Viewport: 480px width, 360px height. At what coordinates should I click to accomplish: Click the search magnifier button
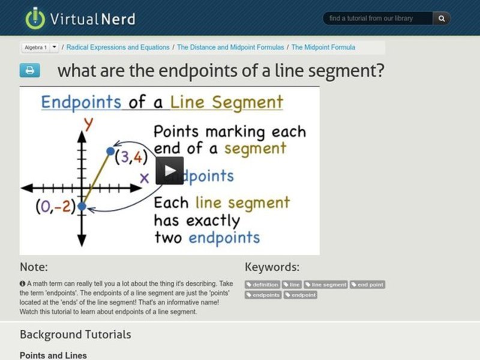tap(442, 19)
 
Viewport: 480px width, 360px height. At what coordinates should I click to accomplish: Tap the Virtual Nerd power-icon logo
tap(35, 18)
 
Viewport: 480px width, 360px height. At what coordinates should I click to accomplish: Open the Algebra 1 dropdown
tap(55, 47)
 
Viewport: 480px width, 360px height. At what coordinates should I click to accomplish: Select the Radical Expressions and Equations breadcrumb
tap(118, 47)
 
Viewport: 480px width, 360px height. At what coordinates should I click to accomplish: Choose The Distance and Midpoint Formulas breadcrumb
tap(230, 47)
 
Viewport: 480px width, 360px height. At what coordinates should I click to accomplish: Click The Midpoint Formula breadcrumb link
tap(323, 47)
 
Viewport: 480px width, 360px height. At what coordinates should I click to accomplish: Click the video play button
tap(170, 170)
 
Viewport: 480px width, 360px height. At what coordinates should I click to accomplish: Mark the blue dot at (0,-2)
tap(82, 206)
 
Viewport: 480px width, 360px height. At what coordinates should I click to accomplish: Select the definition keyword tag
tap(263, 284)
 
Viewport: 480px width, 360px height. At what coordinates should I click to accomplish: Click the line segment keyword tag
tap(326, 284)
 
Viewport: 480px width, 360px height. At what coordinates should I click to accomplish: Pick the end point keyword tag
tap(367, 284)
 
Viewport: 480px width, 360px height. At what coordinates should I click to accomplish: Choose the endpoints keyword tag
tap(263, 295)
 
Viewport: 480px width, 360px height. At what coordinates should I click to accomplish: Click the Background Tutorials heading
tap(75, 334)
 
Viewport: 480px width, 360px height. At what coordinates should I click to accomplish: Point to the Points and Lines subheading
tap(53, 355)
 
